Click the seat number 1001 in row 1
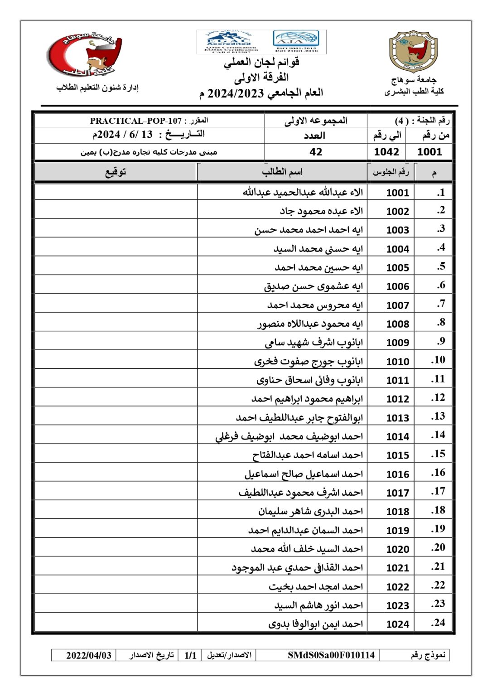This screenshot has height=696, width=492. [397, 193]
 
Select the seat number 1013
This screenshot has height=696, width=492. [397, 418]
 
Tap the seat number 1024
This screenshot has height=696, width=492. [397, 624]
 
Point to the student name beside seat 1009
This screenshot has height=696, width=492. [314, 343]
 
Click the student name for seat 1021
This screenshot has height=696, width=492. [297, 568]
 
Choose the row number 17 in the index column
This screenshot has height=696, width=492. [438, 492]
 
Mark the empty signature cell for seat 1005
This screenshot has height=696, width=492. [116, 267]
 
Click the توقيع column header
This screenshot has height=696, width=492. [116, 172]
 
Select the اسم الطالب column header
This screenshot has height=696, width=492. [282, 172]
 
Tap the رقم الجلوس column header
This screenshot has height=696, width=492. [391, 172]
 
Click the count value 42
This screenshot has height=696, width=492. [316, 152]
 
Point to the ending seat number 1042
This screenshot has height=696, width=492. [386, 152]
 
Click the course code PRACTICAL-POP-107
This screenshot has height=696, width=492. [135, 121]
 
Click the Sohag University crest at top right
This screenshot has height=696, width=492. [413, 52]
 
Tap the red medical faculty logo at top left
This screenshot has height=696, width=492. [85, 54]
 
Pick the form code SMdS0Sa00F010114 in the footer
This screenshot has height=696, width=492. [331, 655]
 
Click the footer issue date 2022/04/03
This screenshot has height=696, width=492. [89, 655]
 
